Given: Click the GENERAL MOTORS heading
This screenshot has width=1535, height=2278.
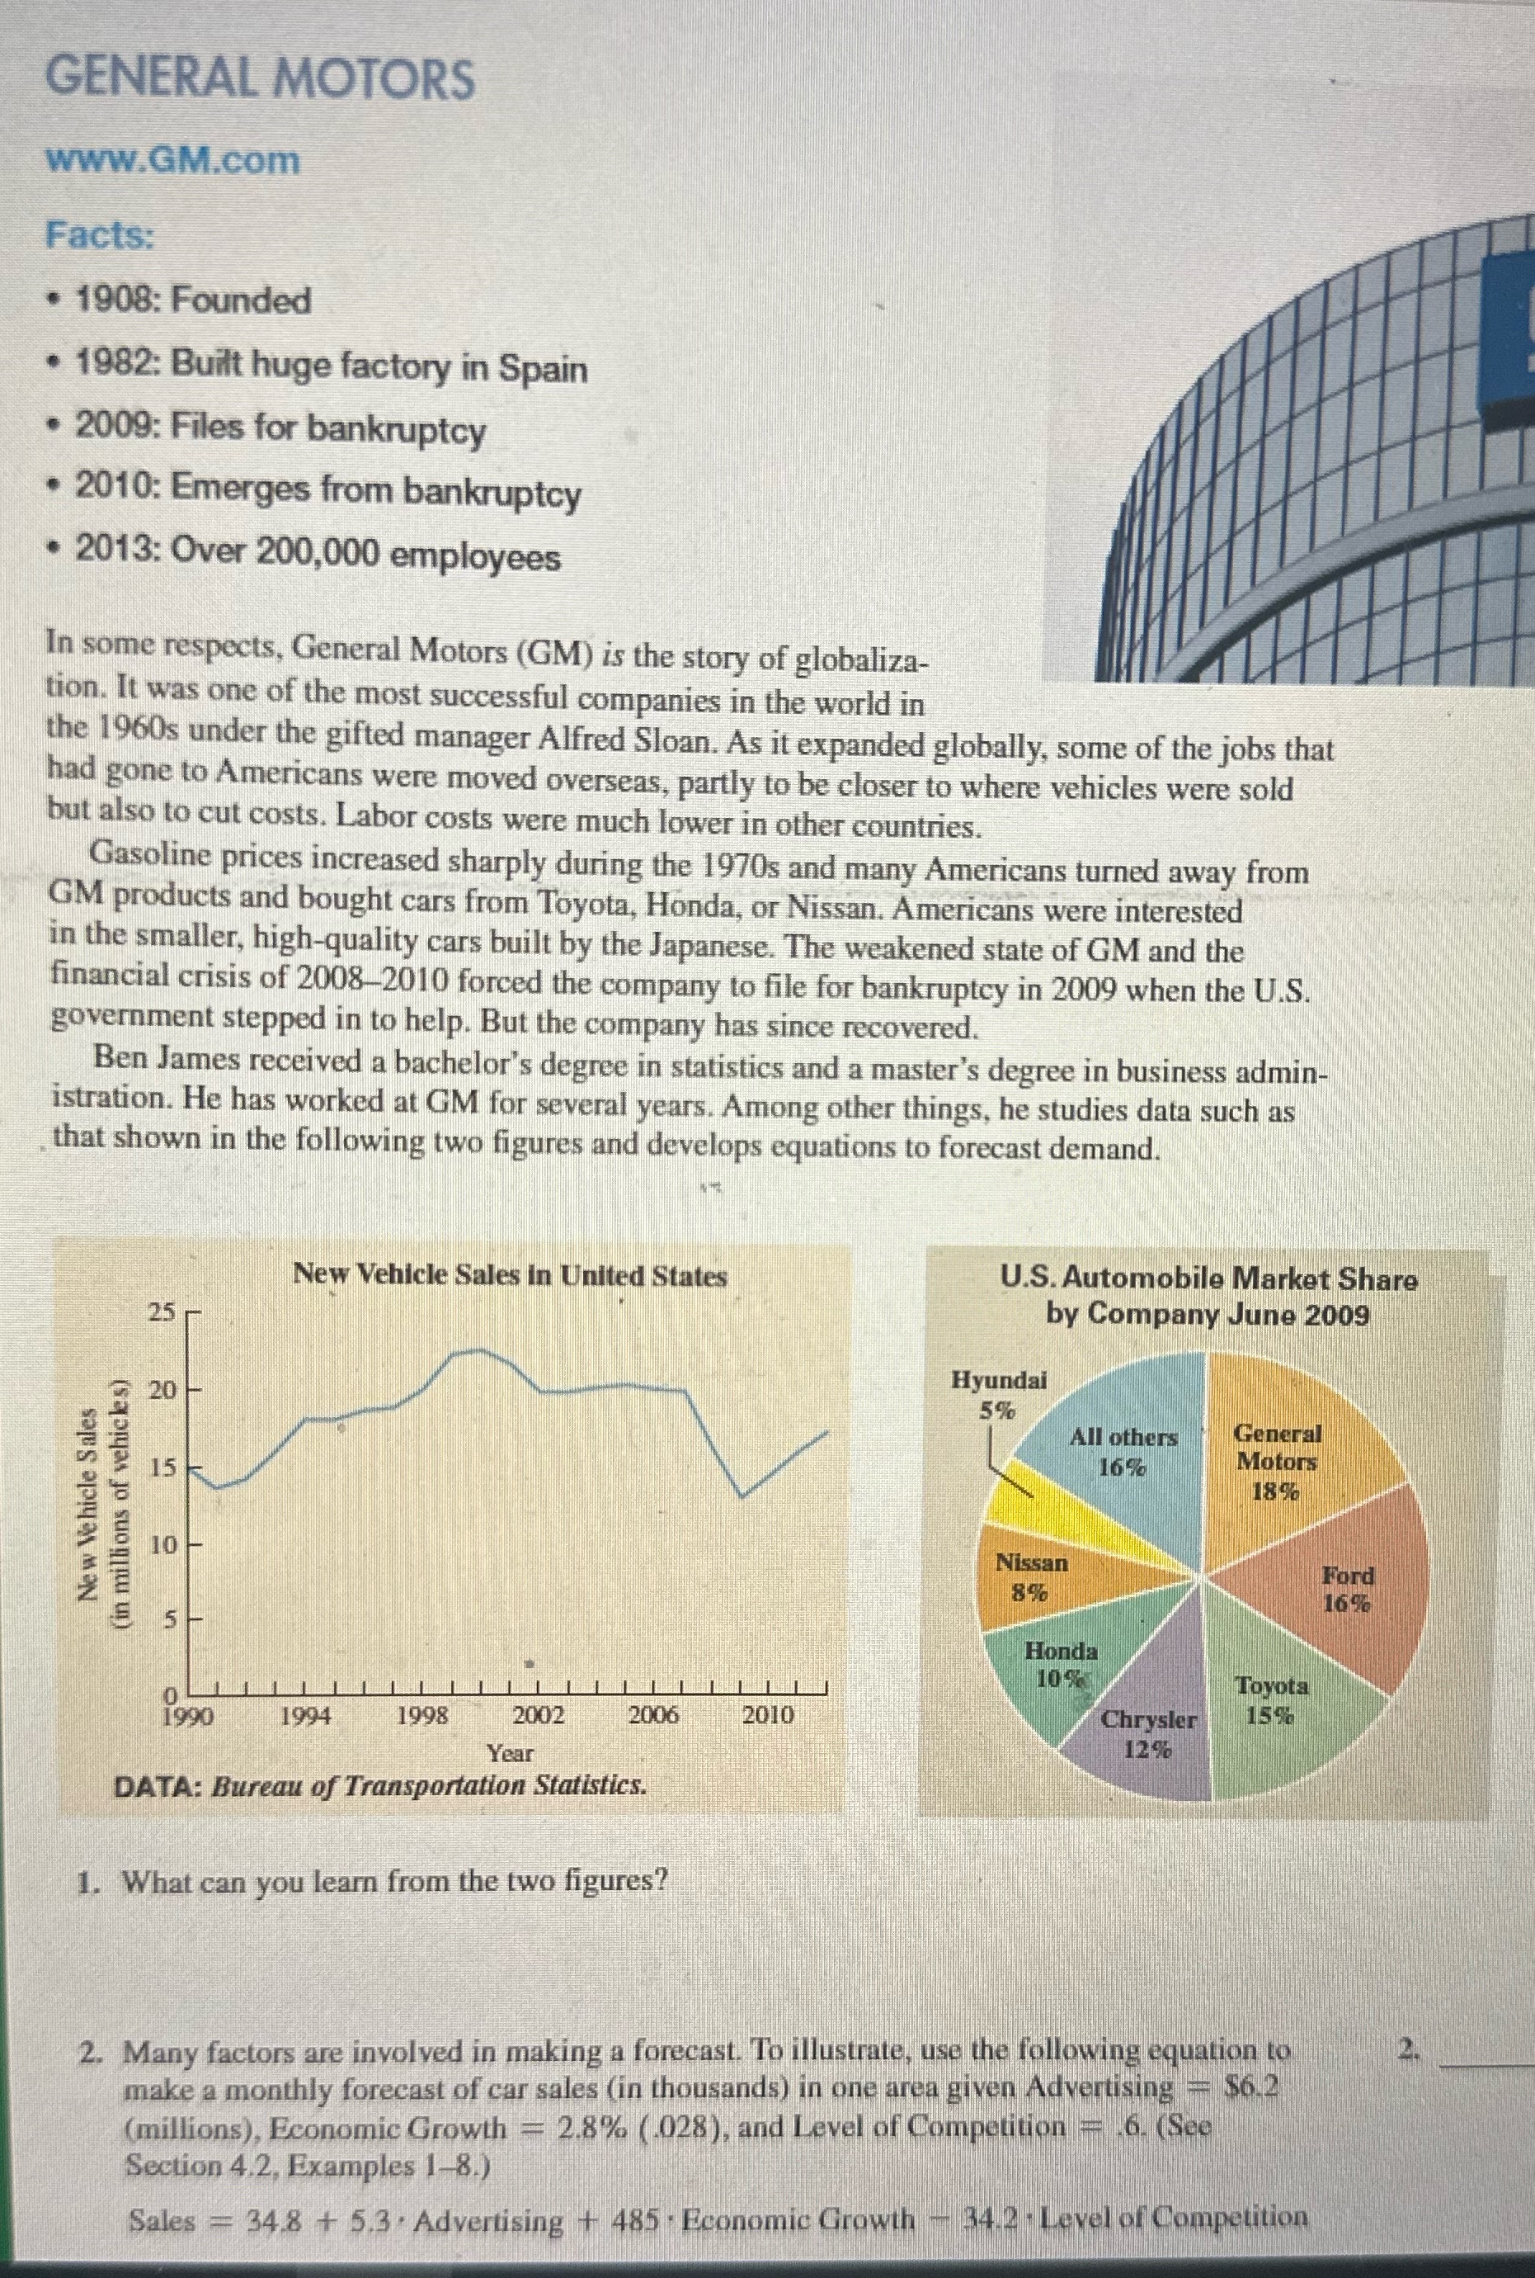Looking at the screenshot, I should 261,79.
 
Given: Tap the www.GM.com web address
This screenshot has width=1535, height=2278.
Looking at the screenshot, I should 173,159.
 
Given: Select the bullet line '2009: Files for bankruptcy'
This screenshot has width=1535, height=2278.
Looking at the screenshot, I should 280,428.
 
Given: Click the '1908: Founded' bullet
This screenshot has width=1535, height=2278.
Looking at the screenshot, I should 193,300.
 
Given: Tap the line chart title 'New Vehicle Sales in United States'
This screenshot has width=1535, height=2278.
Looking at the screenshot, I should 510,1275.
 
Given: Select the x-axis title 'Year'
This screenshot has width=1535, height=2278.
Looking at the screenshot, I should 510,1752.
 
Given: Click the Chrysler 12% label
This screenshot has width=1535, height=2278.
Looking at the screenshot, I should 1148,1732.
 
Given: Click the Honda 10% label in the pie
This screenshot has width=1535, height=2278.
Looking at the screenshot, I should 1060,1663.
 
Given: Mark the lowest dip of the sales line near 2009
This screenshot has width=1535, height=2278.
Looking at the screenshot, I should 743,1496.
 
